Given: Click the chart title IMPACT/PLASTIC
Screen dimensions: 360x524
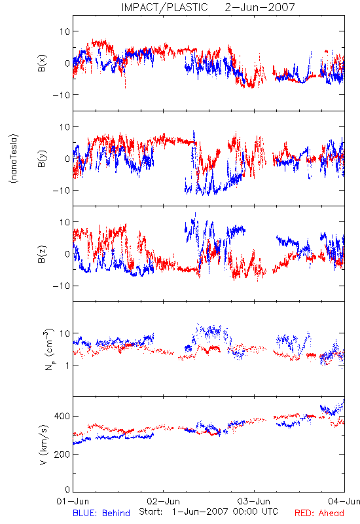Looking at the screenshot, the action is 164,7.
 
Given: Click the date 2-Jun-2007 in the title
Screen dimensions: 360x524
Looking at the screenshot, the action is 260,7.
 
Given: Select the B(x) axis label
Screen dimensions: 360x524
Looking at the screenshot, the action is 42,64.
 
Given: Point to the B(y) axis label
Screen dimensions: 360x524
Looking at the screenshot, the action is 42,159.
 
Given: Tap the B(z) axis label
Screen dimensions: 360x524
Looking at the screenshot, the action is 42,254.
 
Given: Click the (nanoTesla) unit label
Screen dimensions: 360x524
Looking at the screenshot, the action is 14,159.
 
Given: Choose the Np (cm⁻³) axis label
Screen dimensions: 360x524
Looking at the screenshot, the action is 48,349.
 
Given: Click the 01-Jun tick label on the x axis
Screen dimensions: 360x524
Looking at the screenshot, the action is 73,501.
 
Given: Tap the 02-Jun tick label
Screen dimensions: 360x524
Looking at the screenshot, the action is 163,501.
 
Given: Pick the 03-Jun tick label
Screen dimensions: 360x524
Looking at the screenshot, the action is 254,501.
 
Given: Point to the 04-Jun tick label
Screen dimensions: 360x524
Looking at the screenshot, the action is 344,501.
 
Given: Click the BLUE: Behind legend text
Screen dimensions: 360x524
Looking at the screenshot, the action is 101,513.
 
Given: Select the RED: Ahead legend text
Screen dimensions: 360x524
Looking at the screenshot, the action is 319,513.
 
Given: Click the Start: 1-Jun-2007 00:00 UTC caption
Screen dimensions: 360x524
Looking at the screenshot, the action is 208,512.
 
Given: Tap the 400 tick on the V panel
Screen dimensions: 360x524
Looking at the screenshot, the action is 62,416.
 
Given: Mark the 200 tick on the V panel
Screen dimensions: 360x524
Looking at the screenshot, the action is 62,454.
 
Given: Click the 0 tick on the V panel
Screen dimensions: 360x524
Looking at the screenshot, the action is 67,489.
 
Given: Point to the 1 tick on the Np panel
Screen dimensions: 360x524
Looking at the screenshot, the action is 67,365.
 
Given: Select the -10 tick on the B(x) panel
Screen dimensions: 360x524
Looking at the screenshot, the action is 61,95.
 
